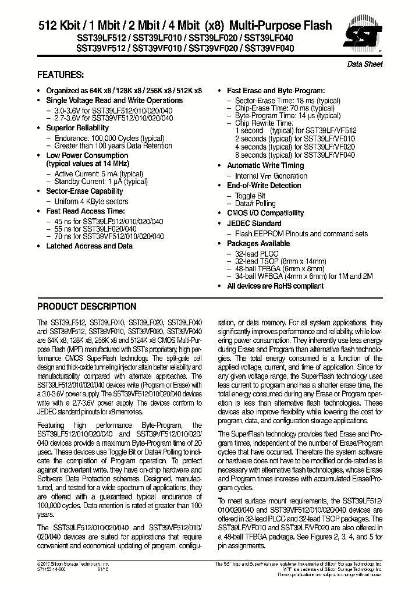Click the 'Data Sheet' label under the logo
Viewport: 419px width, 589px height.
[365, 64]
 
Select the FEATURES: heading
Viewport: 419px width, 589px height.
[61, 75]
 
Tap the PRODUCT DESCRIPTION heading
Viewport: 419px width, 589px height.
[87, 307]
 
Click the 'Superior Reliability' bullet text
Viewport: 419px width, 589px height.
[77, 128]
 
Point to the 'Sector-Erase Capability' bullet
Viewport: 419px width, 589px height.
[84, 191]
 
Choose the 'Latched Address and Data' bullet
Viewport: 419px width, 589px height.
[89, 246]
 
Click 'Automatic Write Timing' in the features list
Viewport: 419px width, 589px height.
[265, 166]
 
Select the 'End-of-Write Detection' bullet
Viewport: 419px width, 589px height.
[264, 186]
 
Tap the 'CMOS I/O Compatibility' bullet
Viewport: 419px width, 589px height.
[265, 214]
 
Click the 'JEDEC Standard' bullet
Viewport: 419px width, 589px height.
[254, 223]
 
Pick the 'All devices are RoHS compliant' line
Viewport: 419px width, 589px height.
[275, 286]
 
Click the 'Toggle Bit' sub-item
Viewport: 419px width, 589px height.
[250, 196]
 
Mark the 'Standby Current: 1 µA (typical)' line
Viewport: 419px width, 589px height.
[101, 182]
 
